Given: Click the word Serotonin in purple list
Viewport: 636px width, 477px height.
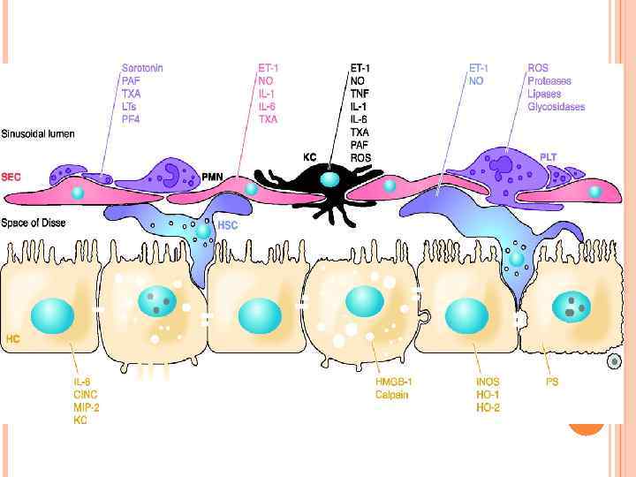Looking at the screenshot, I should click(x=143, y=67).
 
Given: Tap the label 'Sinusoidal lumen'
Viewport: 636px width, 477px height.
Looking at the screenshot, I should click(x=38, y=134).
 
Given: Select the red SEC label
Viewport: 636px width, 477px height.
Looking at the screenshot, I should click(x=12, y=177).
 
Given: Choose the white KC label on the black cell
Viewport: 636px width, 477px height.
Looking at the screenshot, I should click(x=310, y=156).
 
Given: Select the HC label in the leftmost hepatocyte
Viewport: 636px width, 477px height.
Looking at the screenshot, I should click(x=13, y=338).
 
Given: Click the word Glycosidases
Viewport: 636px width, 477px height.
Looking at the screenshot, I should click(x=556, y=108).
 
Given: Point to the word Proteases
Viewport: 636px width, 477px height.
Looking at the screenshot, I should click(x=549, y=81).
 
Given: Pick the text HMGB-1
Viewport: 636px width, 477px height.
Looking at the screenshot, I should click(x=394, y=382).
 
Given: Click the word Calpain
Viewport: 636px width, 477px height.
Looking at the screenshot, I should click(x=391, y=395).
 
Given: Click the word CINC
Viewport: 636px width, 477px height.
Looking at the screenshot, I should click(x=86, y=395).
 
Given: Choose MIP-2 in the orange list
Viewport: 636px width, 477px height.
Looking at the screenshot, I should click(x=87, y=408).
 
